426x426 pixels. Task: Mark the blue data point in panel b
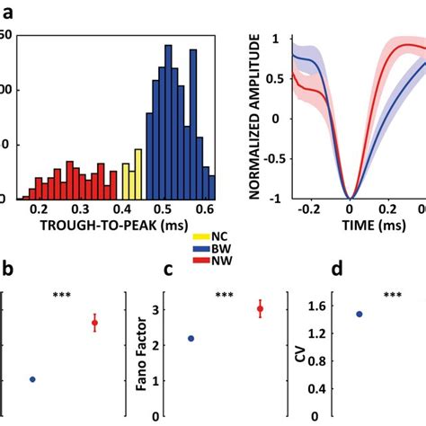[33, 379]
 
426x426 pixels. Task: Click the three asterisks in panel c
[225, 295]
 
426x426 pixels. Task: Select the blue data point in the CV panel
[359, 314]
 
